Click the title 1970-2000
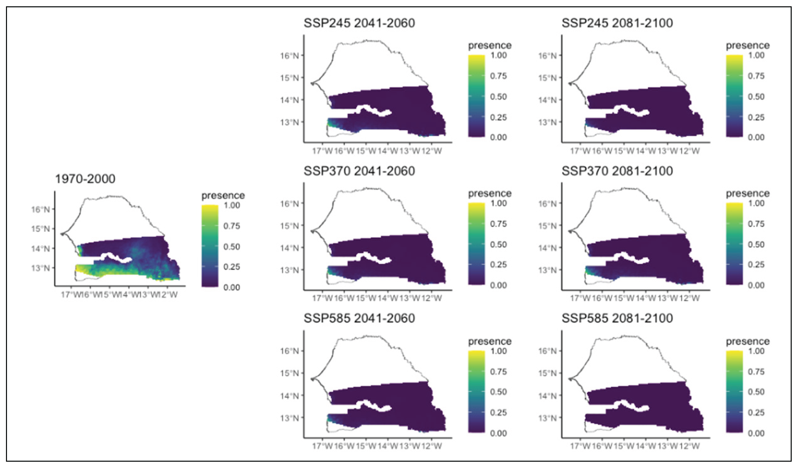(x=85, y=179)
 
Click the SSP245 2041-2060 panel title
(x=359, y=23)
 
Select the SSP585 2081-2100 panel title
(x=617, y=318)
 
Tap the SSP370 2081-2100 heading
(x=617, y=171)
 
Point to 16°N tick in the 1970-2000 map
(x=41, y=210)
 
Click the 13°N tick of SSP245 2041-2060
(x=289, y=122)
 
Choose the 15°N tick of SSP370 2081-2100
(x=547, y=226)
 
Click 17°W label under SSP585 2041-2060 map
(x=322, y=446)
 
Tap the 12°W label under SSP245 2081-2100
(x=689, y=151)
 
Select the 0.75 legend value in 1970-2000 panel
(x=232, y=226)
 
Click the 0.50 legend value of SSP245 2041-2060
(x=498, y=97)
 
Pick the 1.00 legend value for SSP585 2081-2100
(x=756, y=351)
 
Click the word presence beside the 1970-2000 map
(x=223, y=196)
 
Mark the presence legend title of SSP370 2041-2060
(x=490, y=193)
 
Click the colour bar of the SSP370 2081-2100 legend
(x=734, y=244)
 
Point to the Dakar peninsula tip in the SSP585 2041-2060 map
(x=312, y=379)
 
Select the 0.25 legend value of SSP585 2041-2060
(x=498, y=413)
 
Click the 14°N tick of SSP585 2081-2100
(x=547, y=396)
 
